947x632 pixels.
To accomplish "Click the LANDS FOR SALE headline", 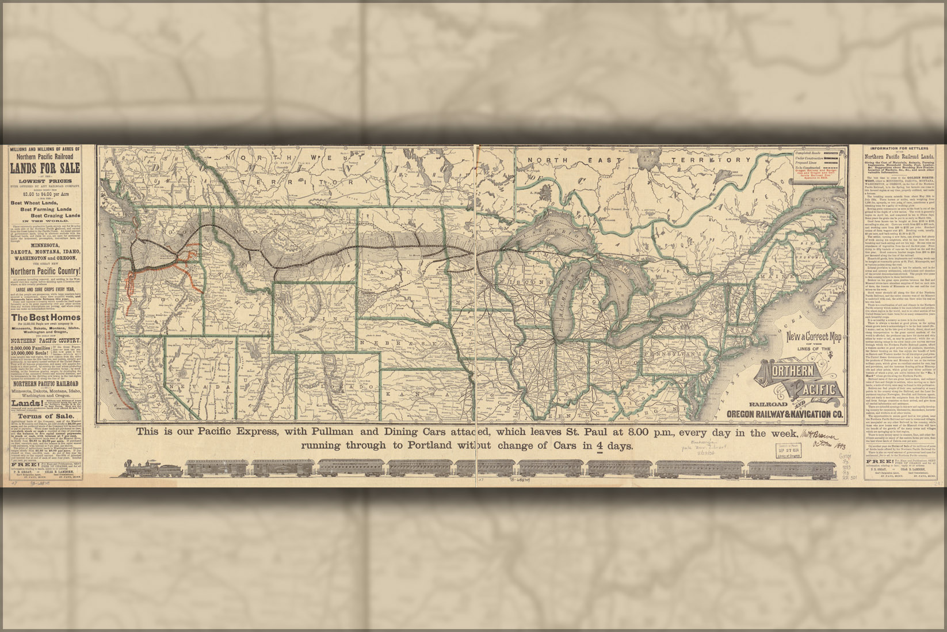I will tap(45, 168).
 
